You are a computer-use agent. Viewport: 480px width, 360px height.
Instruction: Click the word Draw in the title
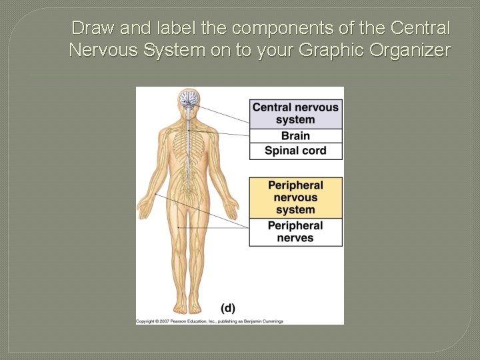pyautogui.click(x=90, y=29)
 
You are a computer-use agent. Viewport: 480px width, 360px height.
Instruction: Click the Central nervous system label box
pyautogui.click(x=295, y=113)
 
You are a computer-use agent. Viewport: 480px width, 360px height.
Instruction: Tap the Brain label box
pyautogui.click(x=295, y=135)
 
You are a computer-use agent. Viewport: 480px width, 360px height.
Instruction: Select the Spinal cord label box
pyautogui.click(x=295, y=151)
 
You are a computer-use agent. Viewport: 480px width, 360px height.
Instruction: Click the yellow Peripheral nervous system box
pyautogui.click(x=295, y=197)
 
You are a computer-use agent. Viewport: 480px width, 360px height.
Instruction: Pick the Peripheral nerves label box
pyautogui.click(x=295, y=232)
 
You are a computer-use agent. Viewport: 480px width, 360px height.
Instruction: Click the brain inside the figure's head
pyautogui.click(x=189, y=99)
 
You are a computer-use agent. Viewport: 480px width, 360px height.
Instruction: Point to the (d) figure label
pyautogui.click(x=228, y=308)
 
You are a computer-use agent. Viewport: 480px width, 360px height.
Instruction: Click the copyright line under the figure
pyautogui.click(x=209, y=321)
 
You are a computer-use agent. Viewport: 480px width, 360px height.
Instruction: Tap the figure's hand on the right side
pyautogui.click(x=232, y=209)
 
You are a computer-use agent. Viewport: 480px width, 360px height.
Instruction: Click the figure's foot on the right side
pyautogui.click(x=196, y=307)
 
